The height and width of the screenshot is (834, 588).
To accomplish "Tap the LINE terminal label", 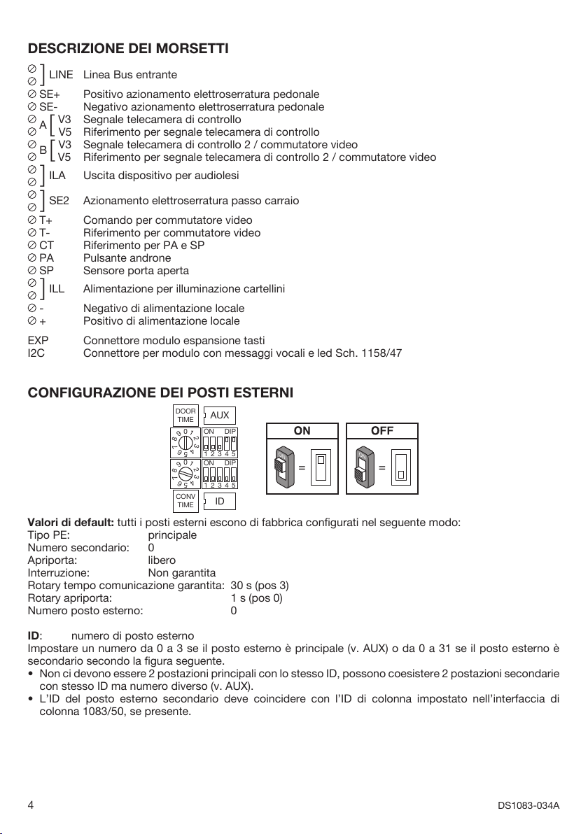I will [x=61, y=74].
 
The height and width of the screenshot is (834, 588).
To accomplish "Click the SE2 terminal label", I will [x=59, y=201].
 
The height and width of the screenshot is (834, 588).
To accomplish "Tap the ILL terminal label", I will [x=57, y=288].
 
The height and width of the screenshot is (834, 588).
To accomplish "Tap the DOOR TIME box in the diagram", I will [x=185, y=416].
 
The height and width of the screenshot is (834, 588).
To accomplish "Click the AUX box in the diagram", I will [x=219, y=416].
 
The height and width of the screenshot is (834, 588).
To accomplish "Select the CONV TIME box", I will [x=185, y=501].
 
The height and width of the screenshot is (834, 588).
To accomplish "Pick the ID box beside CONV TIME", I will [x=219, y=501].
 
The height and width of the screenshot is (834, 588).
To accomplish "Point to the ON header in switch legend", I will [x=302, y=431].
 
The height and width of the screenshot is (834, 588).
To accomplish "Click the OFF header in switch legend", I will [x=382, y=431].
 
